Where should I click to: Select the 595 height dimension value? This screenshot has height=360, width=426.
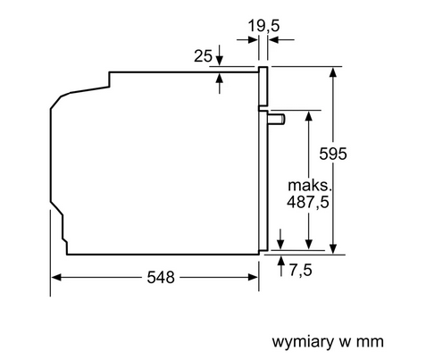356,154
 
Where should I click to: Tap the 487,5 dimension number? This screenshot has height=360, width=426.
310,205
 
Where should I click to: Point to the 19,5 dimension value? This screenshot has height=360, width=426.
263,27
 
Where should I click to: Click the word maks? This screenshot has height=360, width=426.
310,186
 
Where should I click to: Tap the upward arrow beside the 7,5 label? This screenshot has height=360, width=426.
282,262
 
